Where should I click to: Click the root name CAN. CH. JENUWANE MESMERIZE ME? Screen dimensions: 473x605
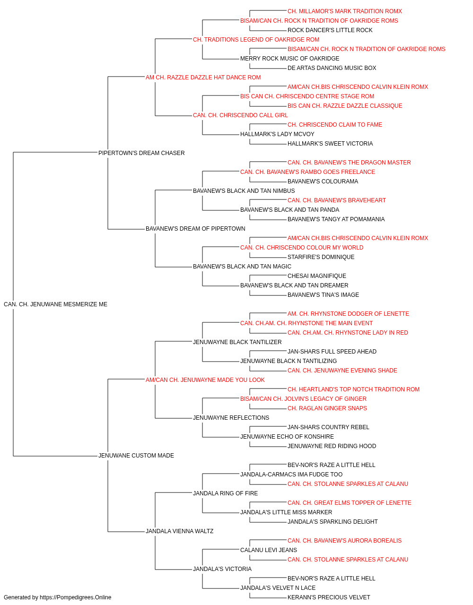55,304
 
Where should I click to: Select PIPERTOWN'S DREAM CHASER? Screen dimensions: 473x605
141,153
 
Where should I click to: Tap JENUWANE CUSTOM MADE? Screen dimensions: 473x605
136,456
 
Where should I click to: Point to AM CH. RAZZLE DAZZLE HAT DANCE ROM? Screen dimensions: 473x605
203,78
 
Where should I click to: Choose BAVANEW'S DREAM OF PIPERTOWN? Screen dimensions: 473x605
195,229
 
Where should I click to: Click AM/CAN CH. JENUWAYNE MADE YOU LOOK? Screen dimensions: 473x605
205,380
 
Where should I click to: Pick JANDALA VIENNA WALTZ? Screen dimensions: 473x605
179,531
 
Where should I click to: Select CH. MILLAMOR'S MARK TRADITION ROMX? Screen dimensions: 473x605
345,11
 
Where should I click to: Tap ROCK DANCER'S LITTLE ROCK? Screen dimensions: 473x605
330,30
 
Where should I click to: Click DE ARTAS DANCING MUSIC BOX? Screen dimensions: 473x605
332,68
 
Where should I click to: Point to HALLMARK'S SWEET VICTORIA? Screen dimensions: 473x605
330,144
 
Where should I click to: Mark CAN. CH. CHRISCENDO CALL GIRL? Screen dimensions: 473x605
240,115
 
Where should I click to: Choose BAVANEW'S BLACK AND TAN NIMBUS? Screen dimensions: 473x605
244,190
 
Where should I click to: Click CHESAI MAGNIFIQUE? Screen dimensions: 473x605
317,276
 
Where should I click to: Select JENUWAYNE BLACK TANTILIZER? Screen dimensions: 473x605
237,342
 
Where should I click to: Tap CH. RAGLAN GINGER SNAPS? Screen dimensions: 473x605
327,408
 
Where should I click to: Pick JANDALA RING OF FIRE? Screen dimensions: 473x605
225,493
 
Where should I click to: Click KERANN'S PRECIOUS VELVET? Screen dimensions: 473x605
329,597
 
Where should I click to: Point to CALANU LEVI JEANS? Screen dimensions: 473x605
269,550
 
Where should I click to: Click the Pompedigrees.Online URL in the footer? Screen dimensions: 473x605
76,597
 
